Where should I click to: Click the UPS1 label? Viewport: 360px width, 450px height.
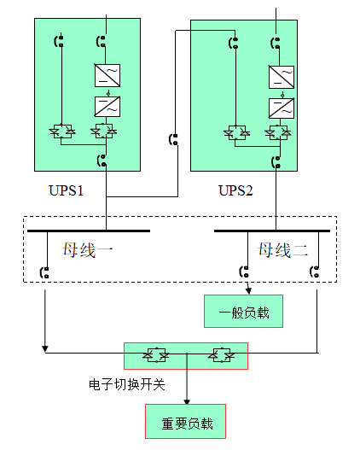pos(67,190)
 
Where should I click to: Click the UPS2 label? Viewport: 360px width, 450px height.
pos(236,190)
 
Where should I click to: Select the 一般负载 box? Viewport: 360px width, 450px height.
pos(243,312)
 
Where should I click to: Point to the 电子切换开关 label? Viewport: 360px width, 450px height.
pos(126,385)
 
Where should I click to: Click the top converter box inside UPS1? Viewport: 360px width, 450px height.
pos(107,75)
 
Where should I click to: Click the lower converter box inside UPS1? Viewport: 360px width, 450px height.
pos(107,106)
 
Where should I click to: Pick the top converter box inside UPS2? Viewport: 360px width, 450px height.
pos(281,77)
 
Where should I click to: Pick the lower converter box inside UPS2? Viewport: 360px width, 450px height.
pos(281,108)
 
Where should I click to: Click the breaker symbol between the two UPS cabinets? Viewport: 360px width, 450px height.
pos(174,138)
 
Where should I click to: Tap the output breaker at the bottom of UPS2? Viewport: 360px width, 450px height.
pos(275,161)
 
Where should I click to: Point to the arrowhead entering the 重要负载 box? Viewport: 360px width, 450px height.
pos(187,399)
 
